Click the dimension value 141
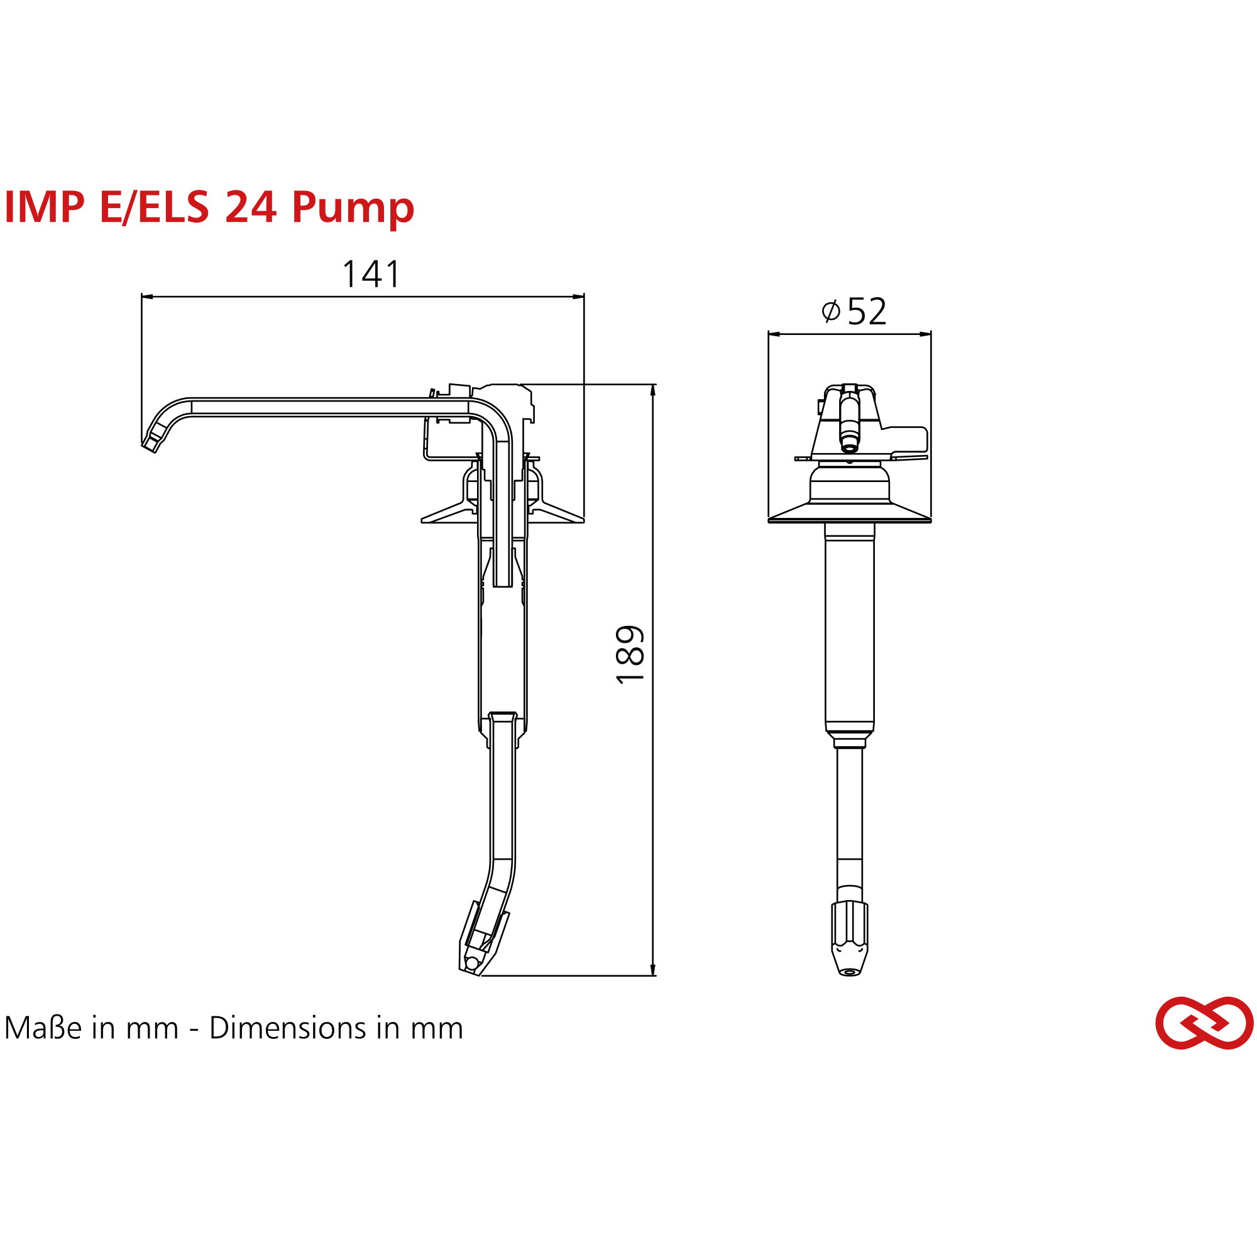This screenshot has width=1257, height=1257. pyautogui.click(x=371, y=274)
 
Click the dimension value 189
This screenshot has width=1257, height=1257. pyautogui.click(x=629, y=654)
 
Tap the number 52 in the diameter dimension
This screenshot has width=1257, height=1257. pyautogui.click(x=867, y=312)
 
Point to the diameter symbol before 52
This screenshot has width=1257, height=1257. pyautogui.click(x=830, y=311)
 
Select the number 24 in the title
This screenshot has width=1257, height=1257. pyautogui.click(x=251, y=207)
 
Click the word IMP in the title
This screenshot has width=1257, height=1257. pyautogui.click(x=44, y=207)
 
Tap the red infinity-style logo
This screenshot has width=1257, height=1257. pyautogui.click(x=1204, y=1022)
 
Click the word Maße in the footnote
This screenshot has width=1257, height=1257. pyautogui.click(x=43, y=1028)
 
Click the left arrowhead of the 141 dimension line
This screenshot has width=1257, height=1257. pyautogui.click(x=147, y=297)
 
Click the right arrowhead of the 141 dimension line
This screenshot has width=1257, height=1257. pyautogui.click(x=578, y=297)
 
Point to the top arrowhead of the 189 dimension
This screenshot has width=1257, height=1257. pyautogui.click(x=653, y=389)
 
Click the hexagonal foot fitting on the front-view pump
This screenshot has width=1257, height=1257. pyautogui.click(x=849, y=926)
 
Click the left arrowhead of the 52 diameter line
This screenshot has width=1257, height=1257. pyautogui.click(x=774, y=334)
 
